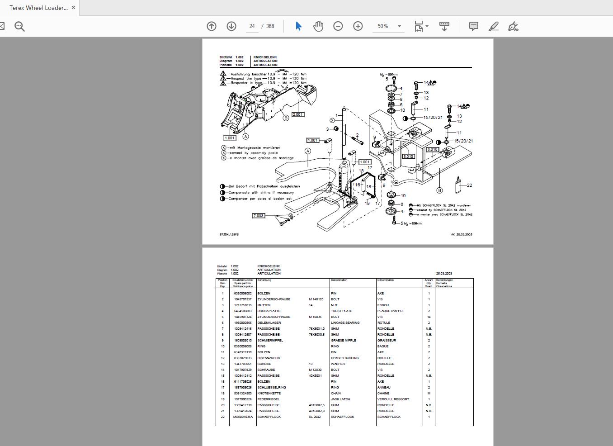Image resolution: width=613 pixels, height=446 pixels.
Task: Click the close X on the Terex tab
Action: pyautogui.click(x=74, y=8)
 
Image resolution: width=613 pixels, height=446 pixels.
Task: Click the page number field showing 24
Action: pyautogui.click(x=252, y=26)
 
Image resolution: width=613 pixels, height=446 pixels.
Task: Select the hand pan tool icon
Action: pyautogui.click(x=318, y=26)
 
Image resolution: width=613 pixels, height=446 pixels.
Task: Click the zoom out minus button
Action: pyautogui.click(x=338, y=26)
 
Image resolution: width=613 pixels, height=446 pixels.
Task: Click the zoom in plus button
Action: pyautogui.click(x=358, y=26)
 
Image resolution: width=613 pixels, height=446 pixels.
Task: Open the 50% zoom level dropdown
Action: pyautogui.click(x=399, y=26)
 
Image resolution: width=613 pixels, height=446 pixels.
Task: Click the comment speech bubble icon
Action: pyautogui.click(x=473, y=26)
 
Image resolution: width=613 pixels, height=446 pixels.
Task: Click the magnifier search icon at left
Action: pyautogui.click(x=19, y=26)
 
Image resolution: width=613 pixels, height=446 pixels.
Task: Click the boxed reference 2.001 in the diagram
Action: pyautogui.click(x=298, y=114)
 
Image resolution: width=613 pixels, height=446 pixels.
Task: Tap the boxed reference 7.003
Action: pyautogui.click(x=258, y=216)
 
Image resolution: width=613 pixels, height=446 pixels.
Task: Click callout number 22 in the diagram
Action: pyautogui.click(x=470, y=185)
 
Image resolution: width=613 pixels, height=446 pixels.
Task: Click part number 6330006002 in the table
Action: pyautogui.click(x=243, y=294)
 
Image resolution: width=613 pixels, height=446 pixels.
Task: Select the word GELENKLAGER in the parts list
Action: pyautogui.click(x=269, y=323)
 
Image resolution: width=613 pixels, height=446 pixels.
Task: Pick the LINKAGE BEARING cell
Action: pyautogui.click(x=345, y=323)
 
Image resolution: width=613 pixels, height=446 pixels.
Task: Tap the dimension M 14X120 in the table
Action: pyautogui.click(x=316, y=299)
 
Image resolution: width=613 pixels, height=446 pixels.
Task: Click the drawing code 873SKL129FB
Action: pyautogui.click(x=229, y=234)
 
